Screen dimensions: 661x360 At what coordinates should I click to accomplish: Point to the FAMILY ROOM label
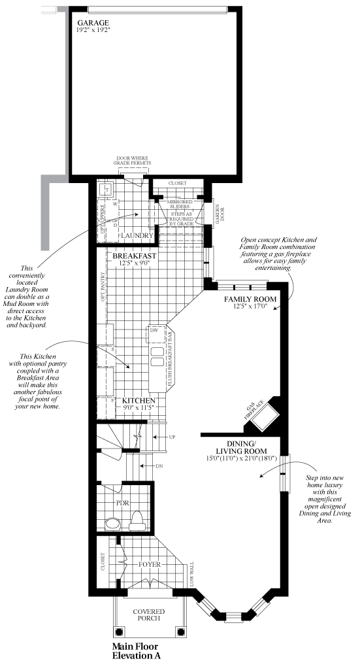251,299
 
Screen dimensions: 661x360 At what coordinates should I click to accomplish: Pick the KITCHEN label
139,400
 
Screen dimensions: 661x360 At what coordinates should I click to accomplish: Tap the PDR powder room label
122,504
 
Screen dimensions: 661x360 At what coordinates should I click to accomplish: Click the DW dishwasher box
154,330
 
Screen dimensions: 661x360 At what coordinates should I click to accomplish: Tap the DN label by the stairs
160,466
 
